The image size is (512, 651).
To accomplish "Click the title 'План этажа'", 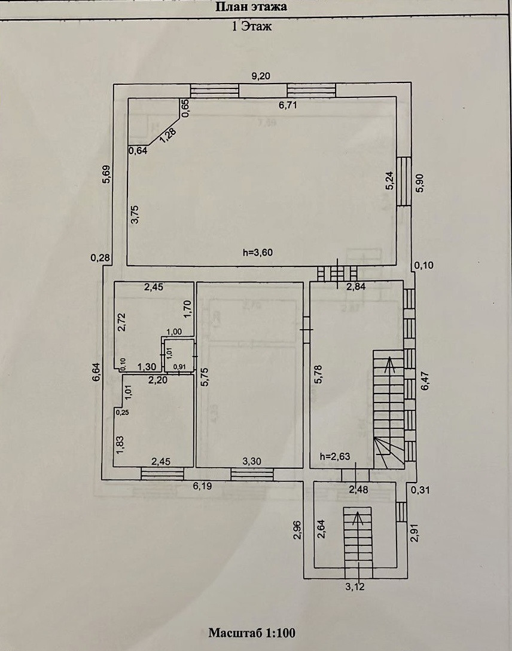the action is point(251,7).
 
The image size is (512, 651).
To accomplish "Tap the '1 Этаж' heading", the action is point(252,26).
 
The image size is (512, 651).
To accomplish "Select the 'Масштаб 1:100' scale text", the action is point(252,632).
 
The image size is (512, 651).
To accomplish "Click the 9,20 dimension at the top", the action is point(261,76).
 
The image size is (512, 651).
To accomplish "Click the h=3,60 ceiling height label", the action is point(258,252).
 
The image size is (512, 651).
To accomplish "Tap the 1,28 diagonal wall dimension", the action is point(168,133).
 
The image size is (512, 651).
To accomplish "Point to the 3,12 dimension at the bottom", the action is point(355,586).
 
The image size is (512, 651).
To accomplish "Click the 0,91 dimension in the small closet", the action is point(179,366).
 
